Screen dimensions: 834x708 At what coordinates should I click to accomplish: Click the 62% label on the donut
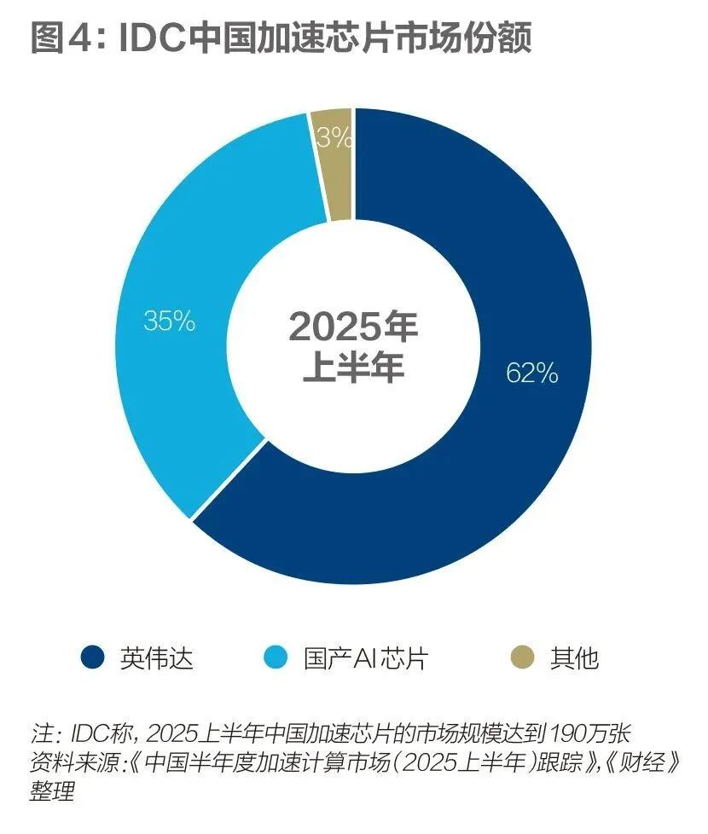point(531,373)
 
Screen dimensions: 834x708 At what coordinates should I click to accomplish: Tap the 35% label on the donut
point(169,322)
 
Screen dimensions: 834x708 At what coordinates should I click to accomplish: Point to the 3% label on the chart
point(334,137)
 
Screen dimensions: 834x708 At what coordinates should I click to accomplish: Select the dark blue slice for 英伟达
point(478,478)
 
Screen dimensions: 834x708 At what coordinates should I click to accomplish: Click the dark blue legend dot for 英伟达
point(91,657)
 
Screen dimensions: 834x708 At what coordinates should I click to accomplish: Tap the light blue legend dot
point(276,657)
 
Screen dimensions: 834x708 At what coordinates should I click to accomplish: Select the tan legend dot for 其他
point(522,657)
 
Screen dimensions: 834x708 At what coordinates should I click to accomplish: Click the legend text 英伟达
point(156,658)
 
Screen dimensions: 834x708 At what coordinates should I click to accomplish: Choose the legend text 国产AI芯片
point(366,658)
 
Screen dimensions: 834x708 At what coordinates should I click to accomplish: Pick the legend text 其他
point(575,658)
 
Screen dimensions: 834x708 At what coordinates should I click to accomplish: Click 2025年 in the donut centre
point(352,327)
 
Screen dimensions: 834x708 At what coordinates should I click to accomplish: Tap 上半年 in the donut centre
point(353,369)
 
